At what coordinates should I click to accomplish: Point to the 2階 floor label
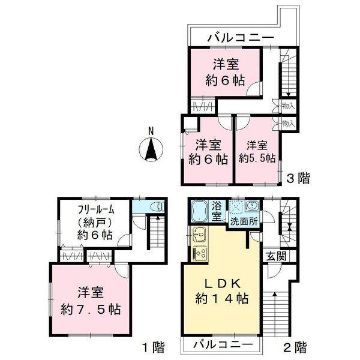[295, 347]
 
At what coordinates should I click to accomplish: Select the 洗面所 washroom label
[244, 220]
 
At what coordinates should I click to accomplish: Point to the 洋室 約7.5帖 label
[91, 302]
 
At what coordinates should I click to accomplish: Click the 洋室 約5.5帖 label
[257, 152]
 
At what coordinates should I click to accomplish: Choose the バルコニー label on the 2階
[223, 346]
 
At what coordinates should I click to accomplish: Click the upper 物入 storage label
[287, 106]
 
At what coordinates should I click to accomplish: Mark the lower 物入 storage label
[287, 123]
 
